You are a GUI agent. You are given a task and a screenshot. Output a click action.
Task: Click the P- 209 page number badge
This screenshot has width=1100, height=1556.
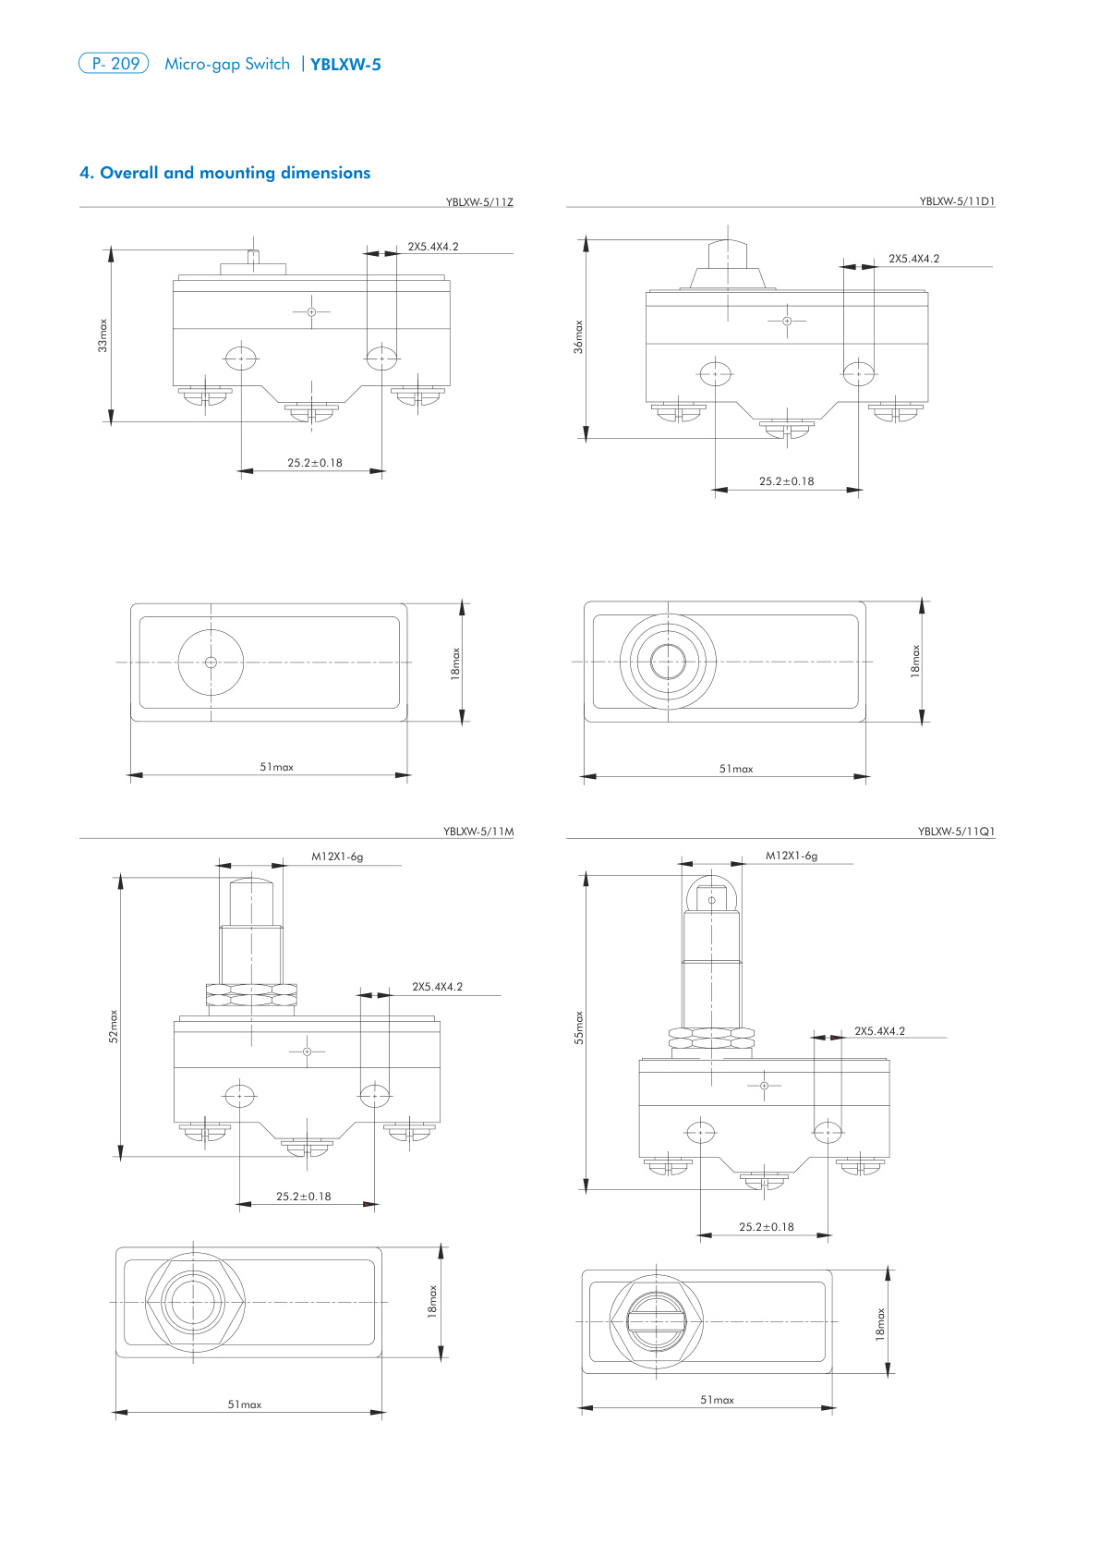[x=114, y=64]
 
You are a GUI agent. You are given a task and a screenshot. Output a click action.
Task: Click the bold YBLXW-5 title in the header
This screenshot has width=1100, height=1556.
[x=345, y=65]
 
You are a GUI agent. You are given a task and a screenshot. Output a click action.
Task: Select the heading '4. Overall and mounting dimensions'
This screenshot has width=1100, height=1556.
[x=224, y=173]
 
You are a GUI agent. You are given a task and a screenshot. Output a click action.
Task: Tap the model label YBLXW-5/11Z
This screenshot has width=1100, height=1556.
[x=478, y=201]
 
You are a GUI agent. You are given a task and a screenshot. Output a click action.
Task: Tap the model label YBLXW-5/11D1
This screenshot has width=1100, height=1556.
[x=957, y=201]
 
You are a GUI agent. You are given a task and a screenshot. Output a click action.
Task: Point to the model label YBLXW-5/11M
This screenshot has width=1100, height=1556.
[x=477, y=832]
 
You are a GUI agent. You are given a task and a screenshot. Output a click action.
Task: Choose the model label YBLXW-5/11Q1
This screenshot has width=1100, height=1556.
[x=956, y=832]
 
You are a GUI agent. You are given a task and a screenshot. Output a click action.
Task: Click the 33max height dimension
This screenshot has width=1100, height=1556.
[x=103, y=335]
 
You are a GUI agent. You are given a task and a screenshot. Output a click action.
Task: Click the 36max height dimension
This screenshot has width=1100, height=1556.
[x=578, y=337]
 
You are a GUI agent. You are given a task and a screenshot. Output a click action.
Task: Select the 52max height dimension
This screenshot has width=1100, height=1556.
[x=114, y=1027]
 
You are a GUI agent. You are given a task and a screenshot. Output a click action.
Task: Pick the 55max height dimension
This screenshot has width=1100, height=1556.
[x=579, y=1027]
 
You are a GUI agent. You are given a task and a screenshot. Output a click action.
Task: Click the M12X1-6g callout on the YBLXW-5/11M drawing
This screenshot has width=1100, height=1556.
[x=337, y=857]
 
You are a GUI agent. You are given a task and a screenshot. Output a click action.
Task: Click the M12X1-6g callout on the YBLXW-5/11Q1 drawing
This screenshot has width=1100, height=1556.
[x=792, y=856]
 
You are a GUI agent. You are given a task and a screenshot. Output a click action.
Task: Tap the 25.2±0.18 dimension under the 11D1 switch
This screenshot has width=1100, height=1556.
[x=787, y=481]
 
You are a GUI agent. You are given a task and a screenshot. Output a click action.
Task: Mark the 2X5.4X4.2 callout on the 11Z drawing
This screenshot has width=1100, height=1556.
[x=433, y=247]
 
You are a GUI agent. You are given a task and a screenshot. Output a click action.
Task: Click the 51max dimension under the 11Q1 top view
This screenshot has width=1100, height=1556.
[x=717, y=1400]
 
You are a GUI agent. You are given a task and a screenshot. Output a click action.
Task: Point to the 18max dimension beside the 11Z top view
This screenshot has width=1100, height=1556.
[x=455, y=663]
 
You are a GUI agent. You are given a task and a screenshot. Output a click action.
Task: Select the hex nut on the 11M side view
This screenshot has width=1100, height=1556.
[x=251, y=994]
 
